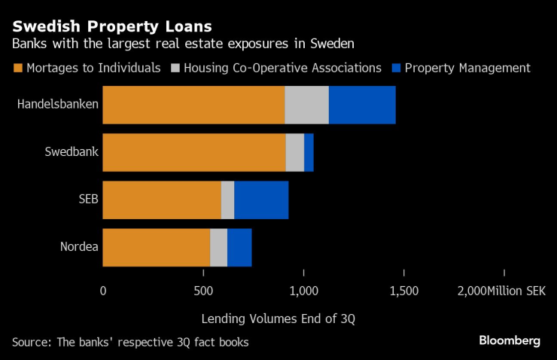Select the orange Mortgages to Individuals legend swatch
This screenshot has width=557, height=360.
point(17,68)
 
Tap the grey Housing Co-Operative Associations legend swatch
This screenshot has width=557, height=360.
point(176,68)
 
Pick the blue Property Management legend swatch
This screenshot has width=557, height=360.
point(396,68)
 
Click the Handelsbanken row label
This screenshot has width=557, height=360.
point(58,105)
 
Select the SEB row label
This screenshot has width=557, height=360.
point(89,200)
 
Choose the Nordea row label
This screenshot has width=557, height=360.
point(79,247)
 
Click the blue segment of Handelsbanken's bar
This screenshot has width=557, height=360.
point(362,105)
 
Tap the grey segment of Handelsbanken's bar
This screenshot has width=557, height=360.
point(306,105)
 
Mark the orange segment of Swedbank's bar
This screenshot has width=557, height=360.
point(194,152)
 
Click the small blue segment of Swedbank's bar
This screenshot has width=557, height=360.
point(309,152)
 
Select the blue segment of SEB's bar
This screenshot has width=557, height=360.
point(261,200)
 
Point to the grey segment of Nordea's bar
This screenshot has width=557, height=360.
point(218,247)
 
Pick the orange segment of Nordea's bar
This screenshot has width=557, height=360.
point(156,247)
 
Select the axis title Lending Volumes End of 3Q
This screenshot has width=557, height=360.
point(278,319)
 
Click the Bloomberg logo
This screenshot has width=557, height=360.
point(510,340)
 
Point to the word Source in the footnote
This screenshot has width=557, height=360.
point(29,343)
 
